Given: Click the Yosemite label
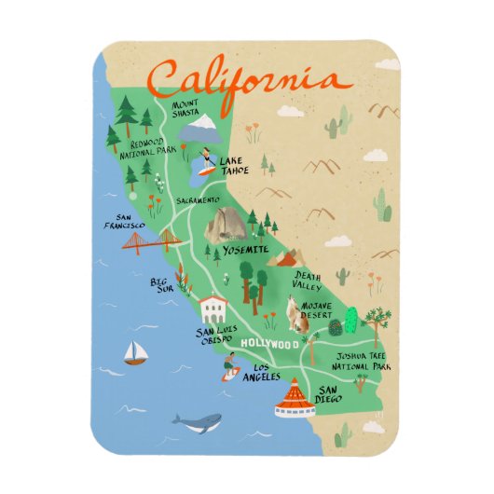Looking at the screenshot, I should [247, 250].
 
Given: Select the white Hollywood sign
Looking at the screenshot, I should [270, 346].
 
